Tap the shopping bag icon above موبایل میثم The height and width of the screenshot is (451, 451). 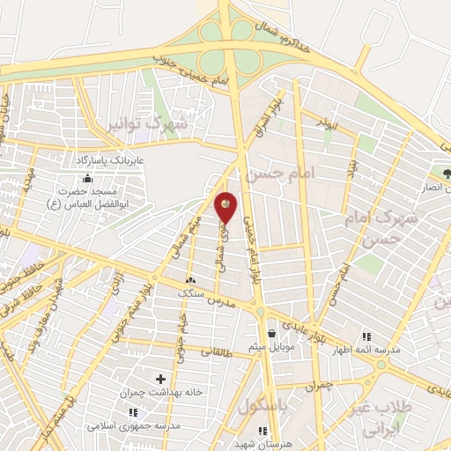coord(271,334)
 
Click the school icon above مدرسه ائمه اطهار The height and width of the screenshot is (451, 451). coord(367,336)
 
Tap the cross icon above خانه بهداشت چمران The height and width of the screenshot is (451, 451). coord(160,378)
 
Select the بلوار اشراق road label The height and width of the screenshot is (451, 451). coord(270,112)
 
